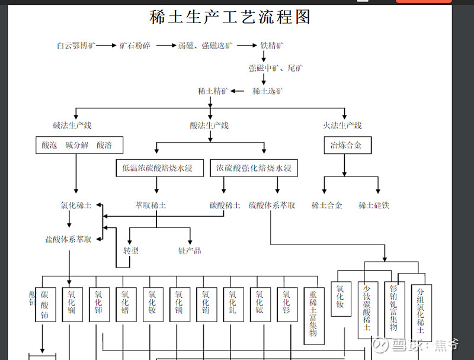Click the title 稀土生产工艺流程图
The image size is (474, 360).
point(230,17)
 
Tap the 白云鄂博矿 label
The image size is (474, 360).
point(76,46)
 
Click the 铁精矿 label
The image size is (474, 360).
point(272,46)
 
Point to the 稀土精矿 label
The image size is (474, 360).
point(213,91)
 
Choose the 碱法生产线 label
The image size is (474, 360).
point(72,126)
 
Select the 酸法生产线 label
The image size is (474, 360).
point(209,126)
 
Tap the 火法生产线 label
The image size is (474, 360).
point(342,126)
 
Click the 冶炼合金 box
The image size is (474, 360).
point(342,145)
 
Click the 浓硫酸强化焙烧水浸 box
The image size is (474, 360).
point(254,169)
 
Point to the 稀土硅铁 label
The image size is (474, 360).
point(374,205)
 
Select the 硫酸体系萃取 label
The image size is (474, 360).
point(272,205)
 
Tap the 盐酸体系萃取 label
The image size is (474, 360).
point(68,239)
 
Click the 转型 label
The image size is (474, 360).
point(131,250)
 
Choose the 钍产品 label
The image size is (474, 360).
point(190,250)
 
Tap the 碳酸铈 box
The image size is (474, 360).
point(44,305)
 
